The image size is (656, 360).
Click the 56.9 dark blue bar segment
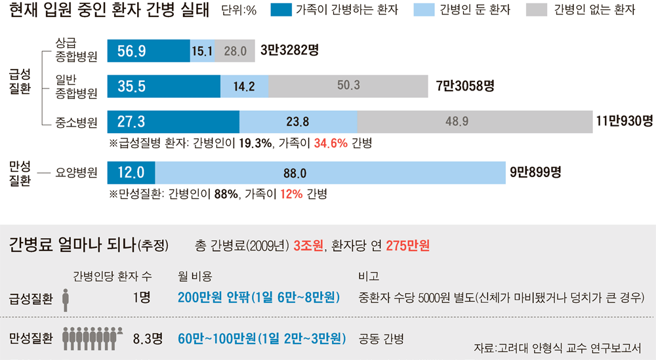click(148, 51)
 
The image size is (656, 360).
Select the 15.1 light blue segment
click(203, 51)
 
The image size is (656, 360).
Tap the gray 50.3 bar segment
click(348, 86)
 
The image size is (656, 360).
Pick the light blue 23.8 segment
click(298, 122)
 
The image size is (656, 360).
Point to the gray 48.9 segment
click(475, 122)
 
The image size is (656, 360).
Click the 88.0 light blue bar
click(330, 172)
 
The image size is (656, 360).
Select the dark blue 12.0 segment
click(131, 172)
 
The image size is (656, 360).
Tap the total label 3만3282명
click(289, 50)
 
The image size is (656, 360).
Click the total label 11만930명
click(625, 121)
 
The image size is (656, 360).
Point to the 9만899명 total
click(535, 172)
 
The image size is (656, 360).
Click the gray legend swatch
click(537, 10)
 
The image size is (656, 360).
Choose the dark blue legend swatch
click(281, 10)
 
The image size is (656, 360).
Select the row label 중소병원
click(76, 123)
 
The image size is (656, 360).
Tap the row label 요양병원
click(76, 172)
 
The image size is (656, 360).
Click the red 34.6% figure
click(331, 144)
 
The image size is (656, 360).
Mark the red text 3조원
click(308, 245)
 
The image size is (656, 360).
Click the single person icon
click(65, 300)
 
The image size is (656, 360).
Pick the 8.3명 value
click(148, 338)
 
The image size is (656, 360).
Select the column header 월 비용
click(195, 276)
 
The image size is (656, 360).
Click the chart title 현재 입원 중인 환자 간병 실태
click(109, 10)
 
